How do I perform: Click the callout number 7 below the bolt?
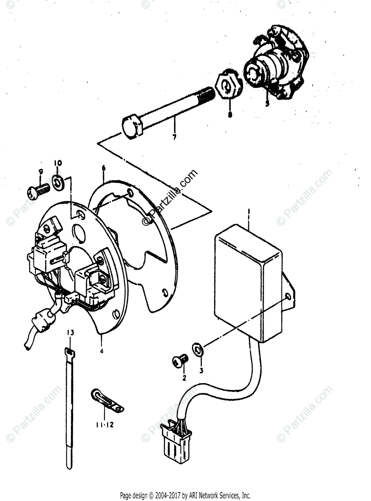(174, 137)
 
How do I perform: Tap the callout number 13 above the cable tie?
(70, 332)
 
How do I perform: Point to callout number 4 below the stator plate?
(101, 351)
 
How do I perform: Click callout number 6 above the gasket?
(104, 169)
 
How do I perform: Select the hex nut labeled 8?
(227, 87)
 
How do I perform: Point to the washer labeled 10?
(58, 182)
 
